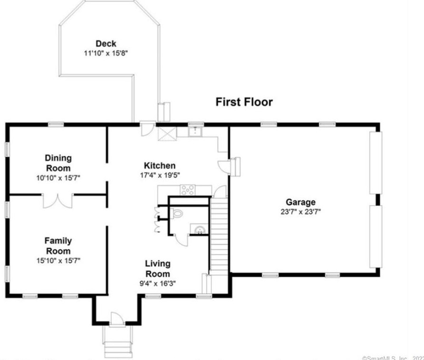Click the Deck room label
coord(106,44)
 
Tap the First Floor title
coord(244,102)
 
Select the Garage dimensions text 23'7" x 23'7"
coord(300,212)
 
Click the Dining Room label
coord(58,163)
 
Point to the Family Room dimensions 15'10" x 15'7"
coord(58,260)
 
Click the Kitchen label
coord(160,166)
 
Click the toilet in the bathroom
coord(177,214)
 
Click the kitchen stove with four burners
coord(187,190)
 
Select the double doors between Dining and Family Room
coord(58,200)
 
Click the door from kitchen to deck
coord(147,129)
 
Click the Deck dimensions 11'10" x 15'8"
coord(106,53)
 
